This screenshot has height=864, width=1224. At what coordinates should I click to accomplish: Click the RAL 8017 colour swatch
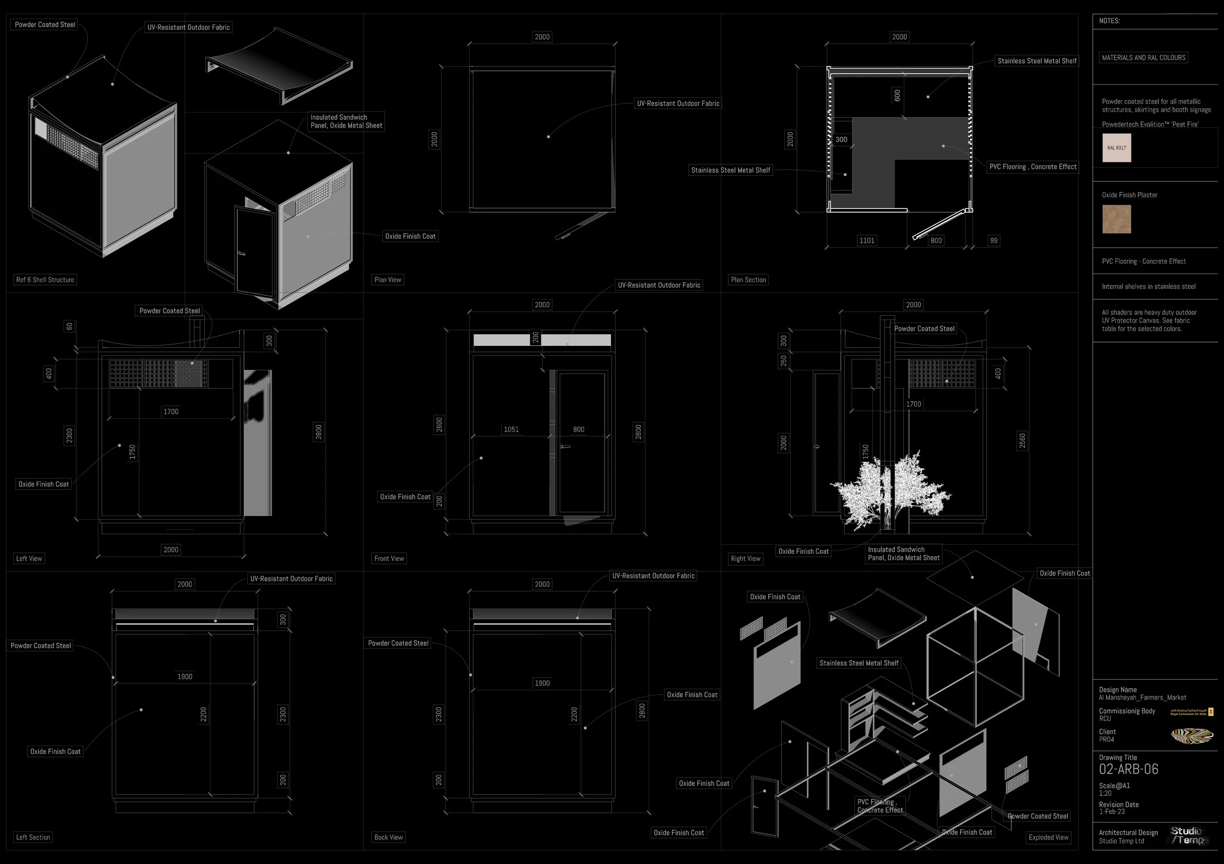point(1116,148)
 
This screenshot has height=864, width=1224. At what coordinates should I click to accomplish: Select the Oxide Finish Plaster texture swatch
point(1116,219)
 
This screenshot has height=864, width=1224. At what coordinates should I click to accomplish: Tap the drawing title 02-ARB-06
point(1129,769)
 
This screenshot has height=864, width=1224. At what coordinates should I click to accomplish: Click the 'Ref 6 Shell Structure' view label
point(46,280)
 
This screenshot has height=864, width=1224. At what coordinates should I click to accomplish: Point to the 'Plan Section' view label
point(749,280)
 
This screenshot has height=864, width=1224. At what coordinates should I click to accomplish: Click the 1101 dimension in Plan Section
point(867,241)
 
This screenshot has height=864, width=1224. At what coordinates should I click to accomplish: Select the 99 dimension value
point(994,241)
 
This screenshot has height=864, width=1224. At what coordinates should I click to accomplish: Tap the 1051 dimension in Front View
point(511,430)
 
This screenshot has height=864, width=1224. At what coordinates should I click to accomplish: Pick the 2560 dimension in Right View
point(1022,441)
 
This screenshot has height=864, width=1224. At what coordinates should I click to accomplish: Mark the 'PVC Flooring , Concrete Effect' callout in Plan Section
point(1033,167)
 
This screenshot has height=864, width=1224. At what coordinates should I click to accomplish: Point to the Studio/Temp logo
point(1187,836)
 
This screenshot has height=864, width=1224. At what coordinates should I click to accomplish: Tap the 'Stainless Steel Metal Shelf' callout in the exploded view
point(859,663)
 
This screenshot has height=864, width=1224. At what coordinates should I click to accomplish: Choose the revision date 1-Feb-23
point(1111,812)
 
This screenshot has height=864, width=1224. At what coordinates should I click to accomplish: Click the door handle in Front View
point(565,446)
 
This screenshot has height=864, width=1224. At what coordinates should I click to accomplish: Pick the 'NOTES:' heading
point(1109,21)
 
